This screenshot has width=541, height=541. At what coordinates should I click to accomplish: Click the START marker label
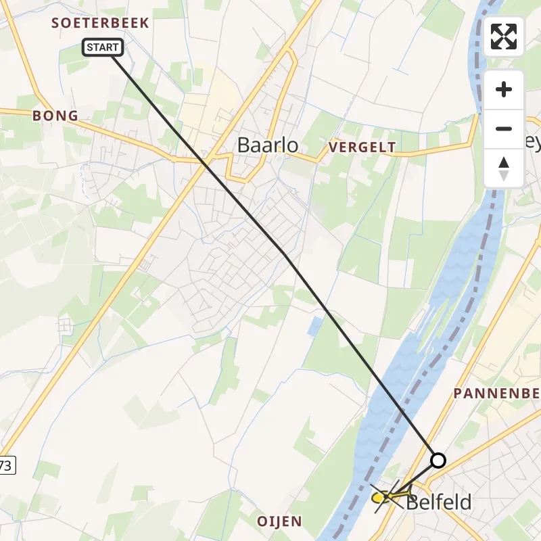coord(103,47)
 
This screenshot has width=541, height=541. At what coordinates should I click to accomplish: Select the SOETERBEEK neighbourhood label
coord(100,23)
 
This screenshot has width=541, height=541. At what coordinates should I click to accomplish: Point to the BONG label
coord(55,116)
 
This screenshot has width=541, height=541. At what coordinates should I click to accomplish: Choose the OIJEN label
coord(279,521)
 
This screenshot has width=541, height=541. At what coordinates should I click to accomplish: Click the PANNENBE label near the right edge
coord(496,394)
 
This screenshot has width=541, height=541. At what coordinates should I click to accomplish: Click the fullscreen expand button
coord(503,37)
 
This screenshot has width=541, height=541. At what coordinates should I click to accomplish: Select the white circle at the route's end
coord(438,461)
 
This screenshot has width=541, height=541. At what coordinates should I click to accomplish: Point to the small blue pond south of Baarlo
coord(314,327)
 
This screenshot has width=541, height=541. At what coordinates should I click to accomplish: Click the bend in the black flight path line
coord(285,256)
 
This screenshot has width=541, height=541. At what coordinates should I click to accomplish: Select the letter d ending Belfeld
coord(465,502)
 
